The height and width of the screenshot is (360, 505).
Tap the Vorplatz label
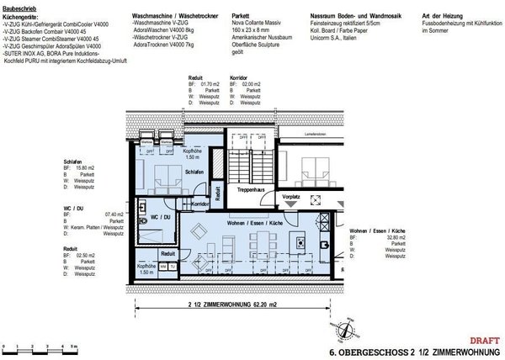pos(290,196)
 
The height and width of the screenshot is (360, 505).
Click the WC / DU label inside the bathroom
pos(161,216)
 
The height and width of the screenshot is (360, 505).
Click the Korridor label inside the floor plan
pos(200,204)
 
